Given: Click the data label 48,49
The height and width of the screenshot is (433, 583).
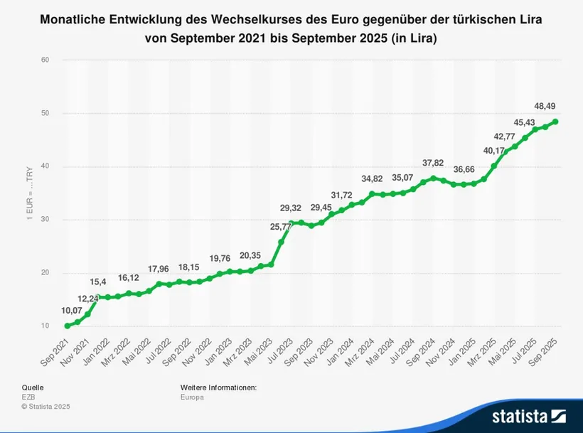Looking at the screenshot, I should (x=545, y=106).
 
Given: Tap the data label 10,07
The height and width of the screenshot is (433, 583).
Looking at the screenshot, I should (x=72, y=310).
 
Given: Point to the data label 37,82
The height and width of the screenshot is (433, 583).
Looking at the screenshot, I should (x=434, y=163).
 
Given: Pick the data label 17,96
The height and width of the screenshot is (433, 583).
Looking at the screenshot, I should (x=159, y=269).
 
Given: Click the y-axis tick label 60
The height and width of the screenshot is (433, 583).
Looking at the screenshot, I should (x=45, y=60).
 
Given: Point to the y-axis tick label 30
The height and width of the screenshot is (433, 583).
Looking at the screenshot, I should (x=45, y=220).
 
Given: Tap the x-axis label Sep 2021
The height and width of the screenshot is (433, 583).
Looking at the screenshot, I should (x=55, y=351).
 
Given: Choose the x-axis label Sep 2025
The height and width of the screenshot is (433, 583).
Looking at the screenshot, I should (x=545, y=351).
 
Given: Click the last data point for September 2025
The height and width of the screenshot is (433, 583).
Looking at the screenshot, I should (x=555, y=122).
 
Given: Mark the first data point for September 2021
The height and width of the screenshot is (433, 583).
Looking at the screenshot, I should (x=68, y=326).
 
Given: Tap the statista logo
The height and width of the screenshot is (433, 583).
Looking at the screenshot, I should (x=528, y=415).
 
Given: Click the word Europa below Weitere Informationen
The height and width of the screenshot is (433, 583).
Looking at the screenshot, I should (x=192, y=397).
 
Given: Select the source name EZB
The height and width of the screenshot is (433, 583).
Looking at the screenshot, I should (x=29, y=397).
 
